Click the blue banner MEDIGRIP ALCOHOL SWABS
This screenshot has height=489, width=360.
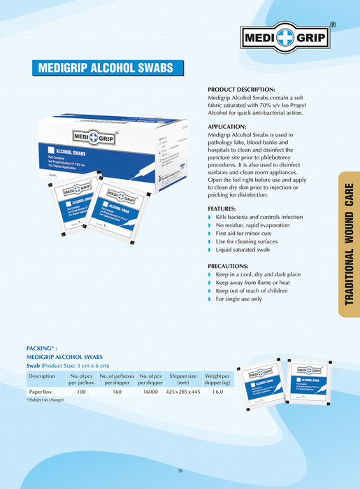108,69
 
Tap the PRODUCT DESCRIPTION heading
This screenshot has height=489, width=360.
242,90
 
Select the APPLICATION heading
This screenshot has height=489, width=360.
231,127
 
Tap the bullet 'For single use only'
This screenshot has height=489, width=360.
238,299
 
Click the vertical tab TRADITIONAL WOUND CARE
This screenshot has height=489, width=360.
349,244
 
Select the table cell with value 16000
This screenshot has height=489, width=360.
150,393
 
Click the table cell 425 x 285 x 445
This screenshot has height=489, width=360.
183,393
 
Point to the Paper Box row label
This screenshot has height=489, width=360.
41,393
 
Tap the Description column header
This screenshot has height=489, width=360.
41,376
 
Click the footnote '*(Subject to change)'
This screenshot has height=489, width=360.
45,400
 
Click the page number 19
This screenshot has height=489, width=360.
180,471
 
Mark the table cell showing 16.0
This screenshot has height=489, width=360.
217,393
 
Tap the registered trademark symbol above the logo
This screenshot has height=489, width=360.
333,24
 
